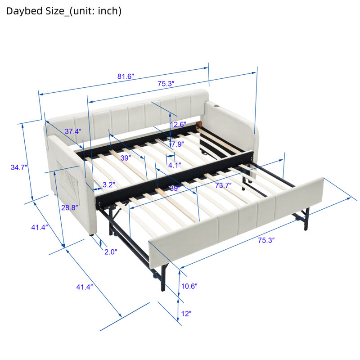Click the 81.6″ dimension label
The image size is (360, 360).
coord(126,76)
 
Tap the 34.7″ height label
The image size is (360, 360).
coord(19,167)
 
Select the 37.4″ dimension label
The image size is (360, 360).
coord(73,131)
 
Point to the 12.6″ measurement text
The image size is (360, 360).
coord(178,125)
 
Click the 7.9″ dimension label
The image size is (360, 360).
coord(178,144)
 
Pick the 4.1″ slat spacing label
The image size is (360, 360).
coord(175,165)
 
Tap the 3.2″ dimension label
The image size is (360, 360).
coord(109,184)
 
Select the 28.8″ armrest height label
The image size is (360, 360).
coord(70,207)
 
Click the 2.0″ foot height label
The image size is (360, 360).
coord(111,252)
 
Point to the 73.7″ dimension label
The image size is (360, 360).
coord(223,185)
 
